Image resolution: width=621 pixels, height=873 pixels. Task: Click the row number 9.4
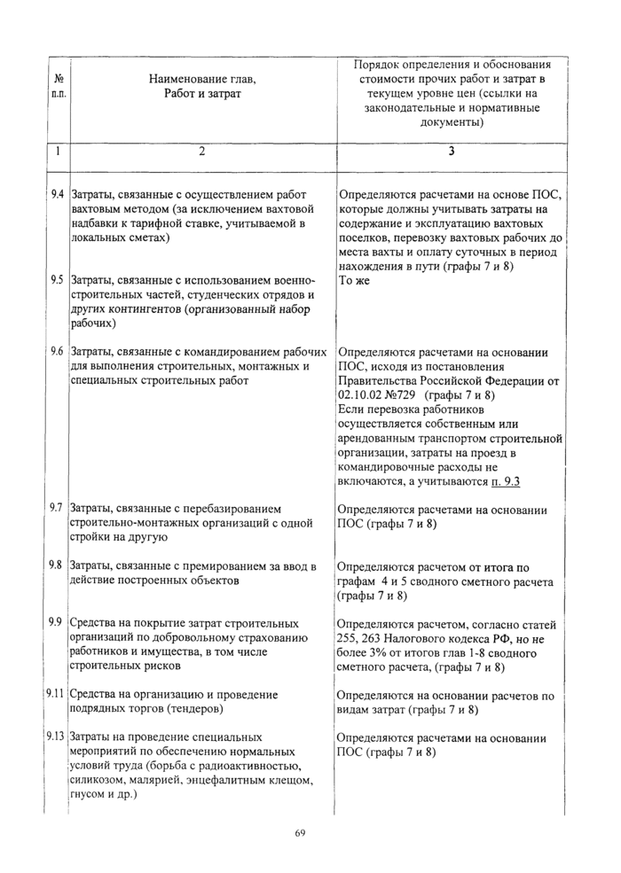57,193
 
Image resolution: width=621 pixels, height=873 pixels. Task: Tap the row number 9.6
57,351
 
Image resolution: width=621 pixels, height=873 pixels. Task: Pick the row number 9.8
57,565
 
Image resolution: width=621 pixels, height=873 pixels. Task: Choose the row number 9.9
57,622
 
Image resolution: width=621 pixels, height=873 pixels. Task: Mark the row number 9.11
57,694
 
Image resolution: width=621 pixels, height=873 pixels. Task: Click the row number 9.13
57,737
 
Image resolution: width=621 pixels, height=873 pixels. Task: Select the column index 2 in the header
201,151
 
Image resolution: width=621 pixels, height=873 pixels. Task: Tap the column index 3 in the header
451,151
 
